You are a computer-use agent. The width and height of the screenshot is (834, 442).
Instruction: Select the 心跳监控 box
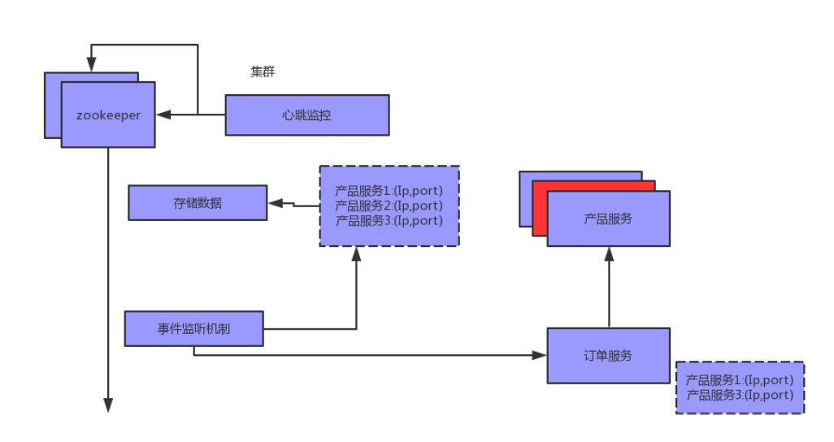(306, 115)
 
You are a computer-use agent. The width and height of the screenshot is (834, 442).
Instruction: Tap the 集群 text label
(263, 72)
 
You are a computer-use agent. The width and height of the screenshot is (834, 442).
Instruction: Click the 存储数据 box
(198, 203)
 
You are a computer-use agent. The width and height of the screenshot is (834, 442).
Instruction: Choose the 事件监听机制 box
(193, 328)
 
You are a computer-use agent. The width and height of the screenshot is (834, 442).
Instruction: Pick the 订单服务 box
(608, 356)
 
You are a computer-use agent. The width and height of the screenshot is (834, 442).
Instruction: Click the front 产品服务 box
(608, 219)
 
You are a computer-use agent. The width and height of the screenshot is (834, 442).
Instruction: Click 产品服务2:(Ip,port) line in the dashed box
(389, 206)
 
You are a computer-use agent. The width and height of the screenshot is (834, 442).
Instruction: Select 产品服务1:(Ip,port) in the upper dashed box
(389, 192)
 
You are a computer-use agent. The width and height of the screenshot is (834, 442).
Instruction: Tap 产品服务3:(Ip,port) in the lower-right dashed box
(739, 395)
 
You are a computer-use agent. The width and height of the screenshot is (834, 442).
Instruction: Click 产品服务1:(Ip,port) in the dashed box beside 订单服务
(739, 380)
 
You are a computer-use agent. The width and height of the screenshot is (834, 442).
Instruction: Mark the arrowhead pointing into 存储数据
(274, 203)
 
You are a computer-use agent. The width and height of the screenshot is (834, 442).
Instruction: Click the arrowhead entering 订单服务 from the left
(540, 356)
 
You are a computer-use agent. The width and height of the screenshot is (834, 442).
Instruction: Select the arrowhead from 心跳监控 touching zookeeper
(163, 115)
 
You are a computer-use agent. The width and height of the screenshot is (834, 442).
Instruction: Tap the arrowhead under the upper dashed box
(356, 253)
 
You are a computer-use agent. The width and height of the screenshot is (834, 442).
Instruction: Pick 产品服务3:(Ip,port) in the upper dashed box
(389, 220)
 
